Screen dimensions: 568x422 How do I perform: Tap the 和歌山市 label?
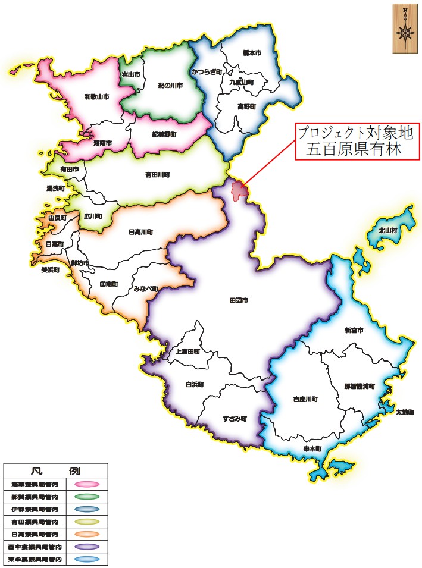[96, 96]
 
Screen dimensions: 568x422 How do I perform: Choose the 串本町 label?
[312, 448]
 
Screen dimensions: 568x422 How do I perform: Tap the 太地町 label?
[404, 412]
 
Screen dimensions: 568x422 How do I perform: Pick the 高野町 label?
[246, 106]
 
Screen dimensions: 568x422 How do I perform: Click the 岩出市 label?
[130, 74]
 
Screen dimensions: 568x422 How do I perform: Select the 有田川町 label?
[158, 175]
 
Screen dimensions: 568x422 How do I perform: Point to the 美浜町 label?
[50, 269]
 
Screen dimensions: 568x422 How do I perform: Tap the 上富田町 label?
[187, 352]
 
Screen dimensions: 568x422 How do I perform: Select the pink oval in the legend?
[86, 484]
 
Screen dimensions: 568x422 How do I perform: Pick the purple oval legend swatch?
[86, 546]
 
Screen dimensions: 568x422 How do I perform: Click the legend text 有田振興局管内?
[35, 521]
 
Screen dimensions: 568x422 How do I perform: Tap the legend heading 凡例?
[55, 470]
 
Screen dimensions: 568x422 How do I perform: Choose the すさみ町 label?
[235, 419]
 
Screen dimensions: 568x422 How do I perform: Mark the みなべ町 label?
[146, 289]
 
